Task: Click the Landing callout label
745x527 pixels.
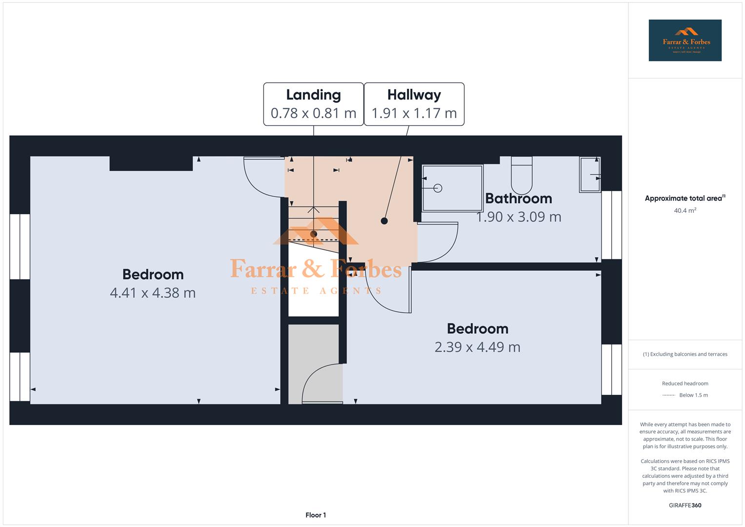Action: pyautogui.click(x=313, y=95)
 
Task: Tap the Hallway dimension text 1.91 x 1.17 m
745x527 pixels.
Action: pyautogui.click(x=414, y=113)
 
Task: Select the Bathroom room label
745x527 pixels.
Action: pyautogui.click(x=519, y=199)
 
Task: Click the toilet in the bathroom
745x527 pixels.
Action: pyautogui.click(x=522, y=176)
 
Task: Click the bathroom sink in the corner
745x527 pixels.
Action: pyautogui.click(x=590, y=174)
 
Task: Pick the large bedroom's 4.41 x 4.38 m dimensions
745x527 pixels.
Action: pyautogui.click(x=153, y=293)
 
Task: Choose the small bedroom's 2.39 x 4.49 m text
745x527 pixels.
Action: pyautogui.click(x=477, y=347)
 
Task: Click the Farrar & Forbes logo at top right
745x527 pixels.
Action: pyautogui.click(x=685, y=41)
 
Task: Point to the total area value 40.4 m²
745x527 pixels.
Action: pyautogui.click(x=685, y=211)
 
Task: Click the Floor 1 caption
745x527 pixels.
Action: pyautogui.click(x=316, y=515)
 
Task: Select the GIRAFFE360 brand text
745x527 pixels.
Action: pyautogui.click(x=685, y=505)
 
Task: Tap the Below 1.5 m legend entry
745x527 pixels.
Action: pyautogui.click(x=693, y=395)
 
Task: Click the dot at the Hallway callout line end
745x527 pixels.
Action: pyautogui.click(x=384, y=221)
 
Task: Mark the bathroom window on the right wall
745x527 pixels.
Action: pyautogui.click(x=611, y=225)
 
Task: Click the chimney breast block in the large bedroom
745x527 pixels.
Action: pyautogui.click(x=151, y=163)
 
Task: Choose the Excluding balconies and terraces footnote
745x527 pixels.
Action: pyautogui.click(x=685, y=354)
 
